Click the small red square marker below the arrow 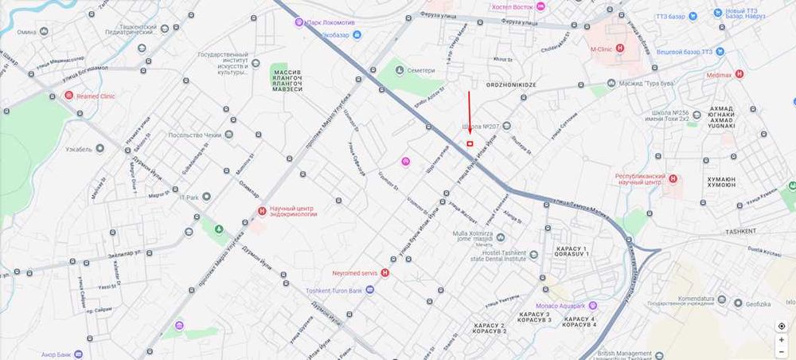click(x=470, y=143)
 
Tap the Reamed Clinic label click(x=96, y=96)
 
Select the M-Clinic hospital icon click(x=620, y=49)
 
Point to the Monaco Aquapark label click(x=558, y=306)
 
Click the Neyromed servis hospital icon click(x=385, y=272)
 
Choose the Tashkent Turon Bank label click(x=334, y=291)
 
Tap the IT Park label click(x=188, y=197)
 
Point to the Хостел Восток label click(x=511, y=6)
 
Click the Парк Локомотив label click(x=333, y=22)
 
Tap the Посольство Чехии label click(x=196, y=135)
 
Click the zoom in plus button click(x=782, y=339)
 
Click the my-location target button click(x=782, y=326)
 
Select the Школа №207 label click(x=481, y=127)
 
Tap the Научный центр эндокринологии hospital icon click(x=263, y=211)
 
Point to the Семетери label click(x=421, y=70)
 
